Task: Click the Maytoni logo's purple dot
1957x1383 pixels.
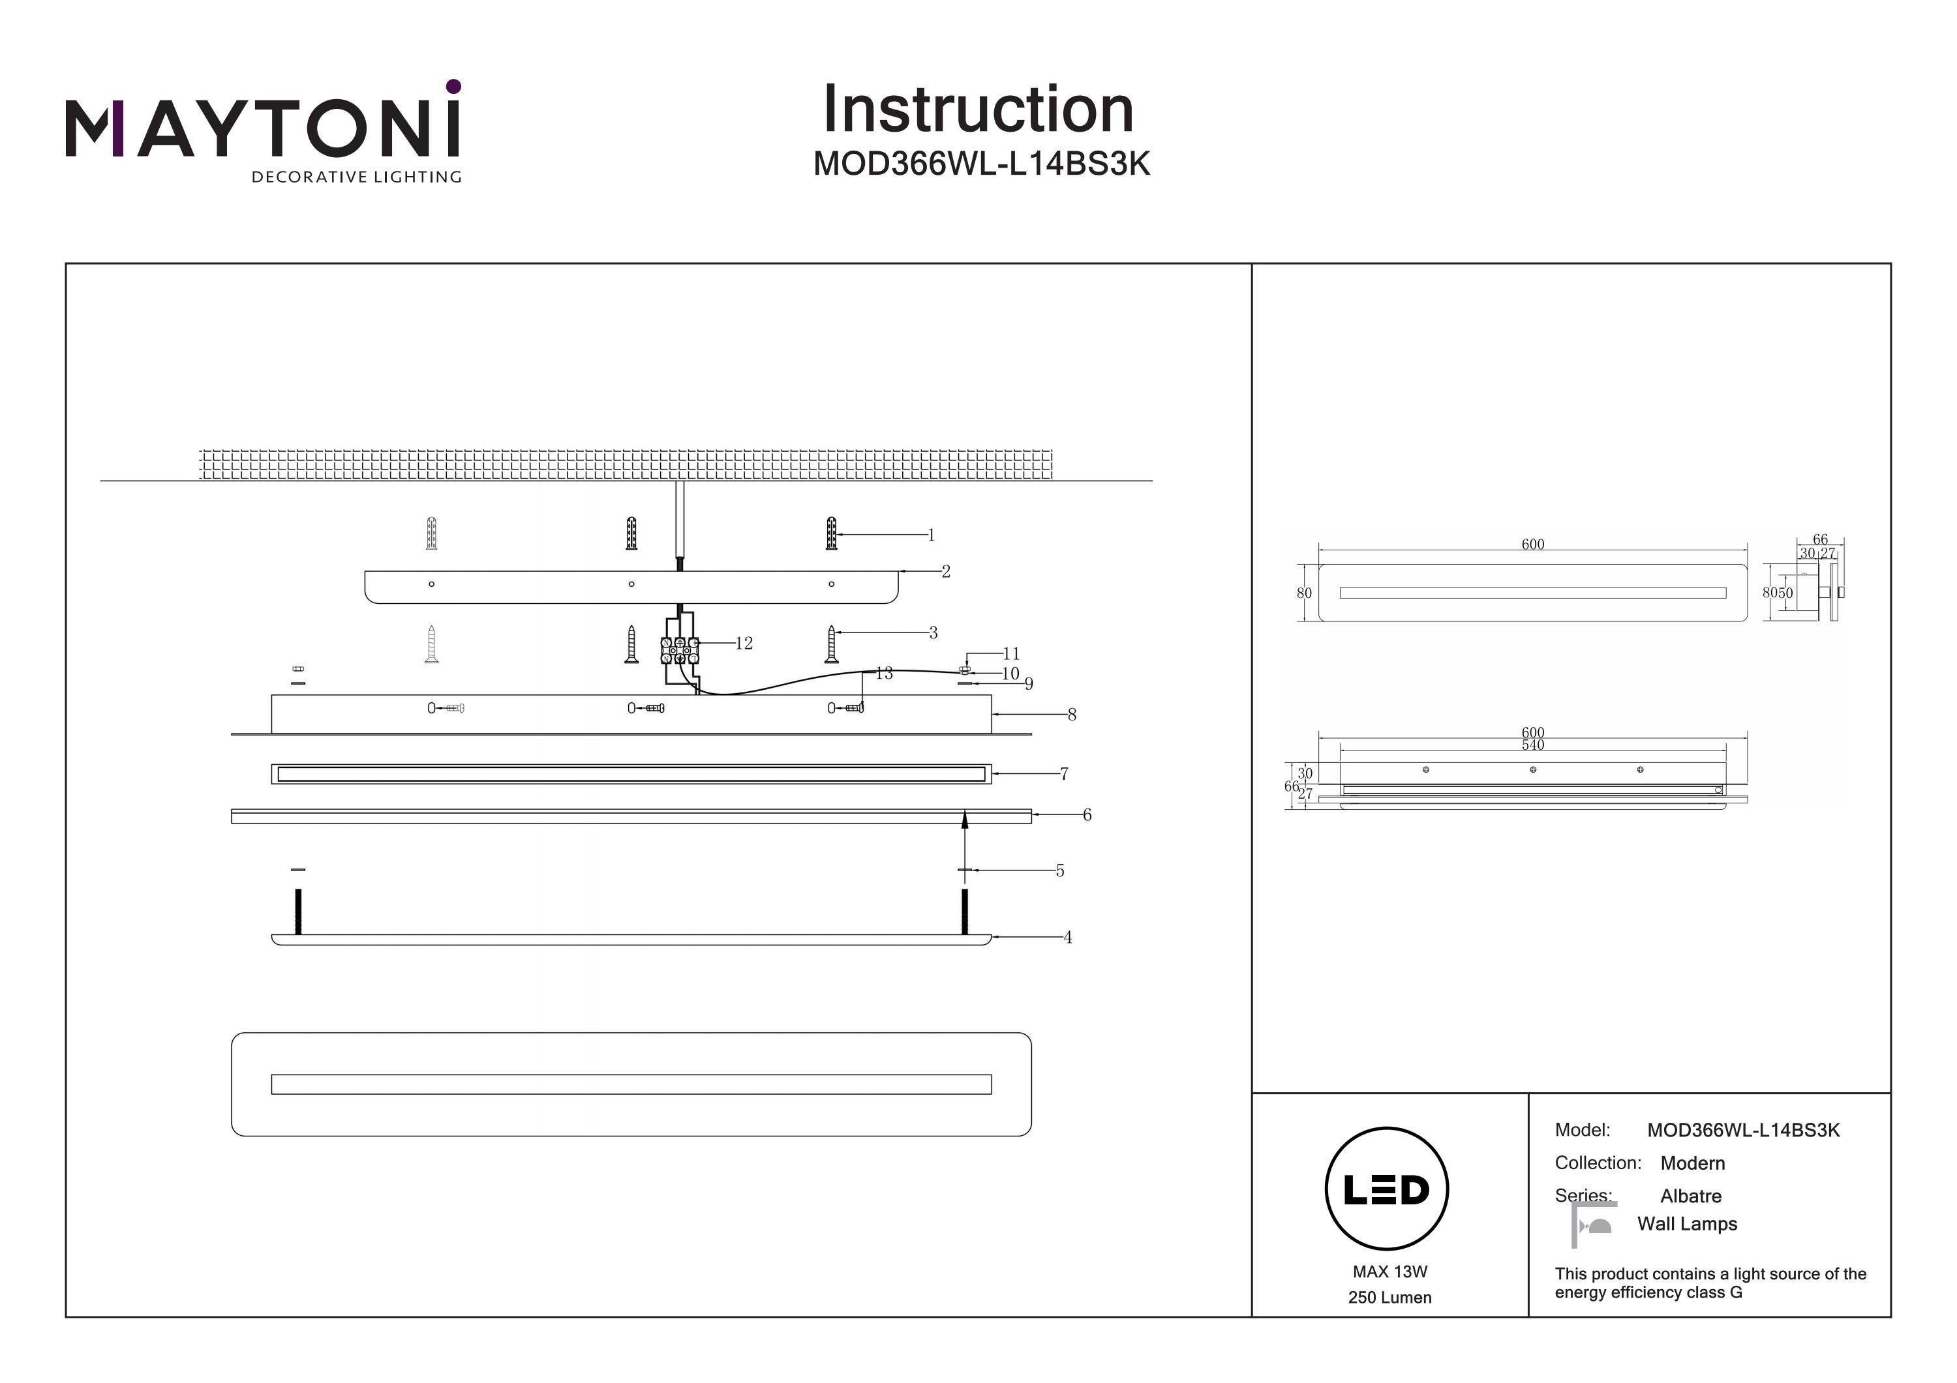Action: click(x=453, y=86)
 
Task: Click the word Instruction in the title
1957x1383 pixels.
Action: click(x=978, y=110)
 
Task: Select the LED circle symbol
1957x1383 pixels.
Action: click(x=1386, y=1189)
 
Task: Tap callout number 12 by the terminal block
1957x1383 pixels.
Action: click(x=744, y=644)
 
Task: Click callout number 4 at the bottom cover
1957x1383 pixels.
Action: click(x=1067, y=938)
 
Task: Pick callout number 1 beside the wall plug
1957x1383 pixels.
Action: click(x=931, y=535)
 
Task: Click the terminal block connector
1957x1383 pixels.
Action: click(x=679, y=650)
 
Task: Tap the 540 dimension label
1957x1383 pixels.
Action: click(x=1532, y=745)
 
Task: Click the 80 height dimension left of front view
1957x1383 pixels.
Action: click(x=1304, y=593)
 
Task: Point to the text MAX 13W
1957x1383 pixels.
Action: click(x=1389, y=1271)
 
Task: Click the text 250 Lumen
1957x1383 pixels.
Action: click(x=1389, y=1298)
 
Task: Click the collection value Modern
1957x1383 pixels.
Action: click(x=1692, y=1163)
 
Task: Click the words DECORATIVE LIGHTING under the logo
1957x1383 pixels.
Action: click(x=356, y=177)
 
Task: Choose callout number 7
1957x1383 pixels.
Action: click(x=1064, y=774)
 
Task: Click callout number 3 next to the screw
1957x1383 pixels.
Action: click(x=933, y=633)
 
